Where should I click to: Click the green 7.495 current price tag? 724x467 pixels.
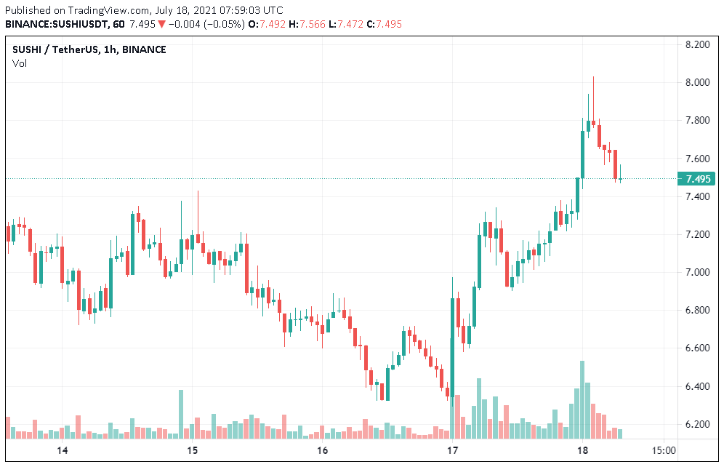(x=696, y=179)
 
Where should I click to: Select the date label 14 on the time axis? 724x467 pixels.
(x=63, y=451)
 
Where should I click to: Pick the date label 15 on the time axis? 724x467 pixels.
(x=192, y=451)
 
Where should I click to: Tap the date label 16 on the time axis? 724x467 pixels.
(x=323, y=451)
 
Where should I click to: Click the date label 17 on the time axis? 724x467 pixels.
(x=452, y=451)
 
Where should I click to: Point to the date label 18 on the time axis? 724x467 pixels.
(x=582, y=451)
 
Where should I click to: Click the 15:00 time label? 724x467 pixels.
(x=664, y=451)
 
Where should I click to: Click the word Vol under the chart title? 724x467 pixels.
(x=19, y=64)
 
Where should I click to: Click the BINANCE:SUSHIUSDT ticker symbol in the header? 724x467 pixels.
(x=57, y=24)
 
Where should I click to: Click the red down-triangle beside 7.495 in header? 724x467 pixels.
(x=161, y=24)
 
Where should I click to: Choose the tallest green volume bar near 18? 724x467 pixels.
(x=582, y=400)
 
